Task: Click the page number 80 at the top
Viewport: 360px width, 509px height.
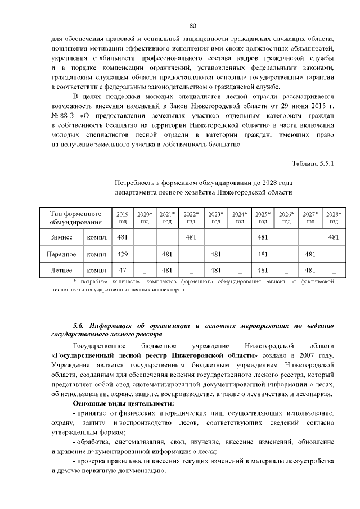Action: click(192, 26)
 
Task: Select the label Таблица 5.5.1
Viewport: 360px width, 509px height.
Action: click(313, 164)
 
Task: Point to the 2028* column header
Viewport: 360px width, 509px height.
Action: click(334, 218)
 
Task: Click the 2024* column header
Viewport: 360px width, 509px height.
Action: click(240, 218)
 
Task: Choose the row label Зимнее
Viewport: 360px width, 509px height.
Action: click(61, 237)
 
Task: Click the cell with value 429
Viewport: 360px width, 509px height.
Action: click(121, 254)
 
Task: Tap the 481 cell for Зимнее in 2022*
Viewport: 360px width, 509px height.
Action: click(191, 237)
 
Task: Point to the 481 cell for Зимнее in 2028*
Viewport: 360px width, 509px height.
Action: click(334, 237)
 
